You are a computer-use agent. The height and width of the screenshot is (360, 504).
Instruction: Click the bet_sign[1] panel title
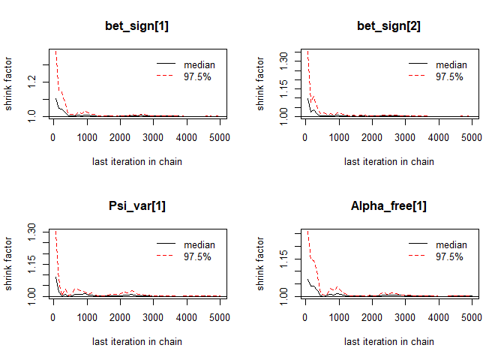coord(136,28)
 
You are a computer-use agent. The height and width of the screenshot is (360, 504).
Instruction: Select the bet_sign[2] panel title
coord(388,28)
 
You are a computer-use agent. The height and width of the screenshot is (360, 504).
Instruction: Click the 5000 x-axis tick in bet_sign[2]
coord(471,137)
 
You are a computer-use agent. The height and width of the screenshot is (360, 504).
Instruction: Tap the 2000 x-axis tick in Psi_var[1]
coord(119,317)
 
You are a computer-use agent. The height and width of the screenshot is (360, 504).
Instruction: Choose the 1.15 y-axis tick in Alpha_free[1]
coord(284,259)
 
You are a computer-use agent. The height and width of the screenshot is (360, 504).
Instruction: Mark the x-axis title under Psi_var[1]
coord(136,341)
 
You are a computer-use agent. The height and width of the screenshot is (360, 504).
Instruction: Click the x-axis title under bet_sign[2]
coord(388,161)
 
